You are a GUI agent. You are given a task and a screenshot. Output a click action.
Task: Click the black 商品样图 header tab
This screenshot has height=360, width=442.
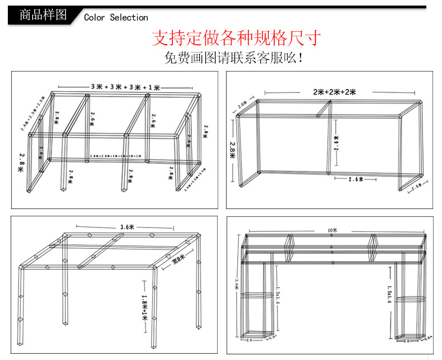[x=43, y=15]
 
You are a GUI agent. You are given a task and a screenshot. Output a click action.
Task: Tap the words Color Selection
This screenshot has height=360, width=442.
[x=116, y=17]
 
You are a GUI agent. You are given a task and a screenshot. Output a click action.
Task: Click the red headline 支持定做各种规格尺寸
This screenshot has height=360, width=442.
[x=237, y=38]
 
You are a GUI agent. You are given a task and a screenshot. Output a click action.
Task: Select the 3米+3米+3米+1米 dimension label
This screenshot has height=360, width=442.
[x=125, y=87]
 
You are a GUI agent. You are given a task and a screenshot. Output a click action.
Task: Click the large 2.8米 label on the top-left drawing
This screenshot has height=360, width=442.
[x=23, y=162]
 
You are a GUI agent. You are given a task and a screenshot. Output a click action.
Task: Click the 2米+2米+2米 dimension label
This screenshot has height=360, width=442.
[x=335, y=92]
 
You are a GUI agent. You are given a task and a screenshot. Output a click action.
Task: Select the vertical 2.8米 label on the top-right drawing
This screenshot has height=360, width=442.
[x=232, y=149]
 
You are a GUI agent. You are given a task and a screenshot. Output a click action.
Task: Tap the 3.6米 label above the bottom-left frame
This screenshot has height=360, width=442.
[x=127, y=227]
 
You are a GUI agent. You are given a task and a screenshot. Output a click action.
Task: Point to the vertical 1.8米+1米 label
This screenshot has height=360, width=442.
[x=144, y=307]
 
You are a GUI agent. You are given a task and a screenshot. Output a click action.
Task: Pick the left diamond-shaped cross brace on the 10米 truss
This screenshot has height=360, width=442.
[x=290, y=248]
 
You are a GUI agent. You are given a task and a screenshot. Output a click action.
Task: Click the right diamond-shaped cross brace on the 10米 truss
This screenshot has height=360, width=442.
[x=373, y=248]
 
